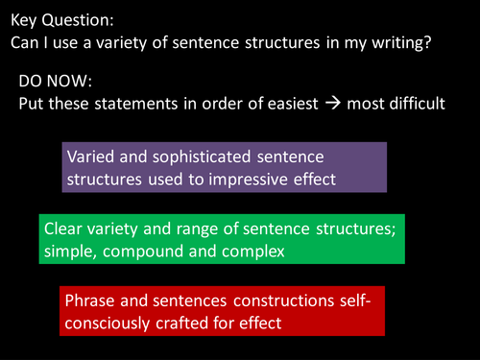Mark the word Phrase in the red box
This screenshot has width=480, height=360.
89,301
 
